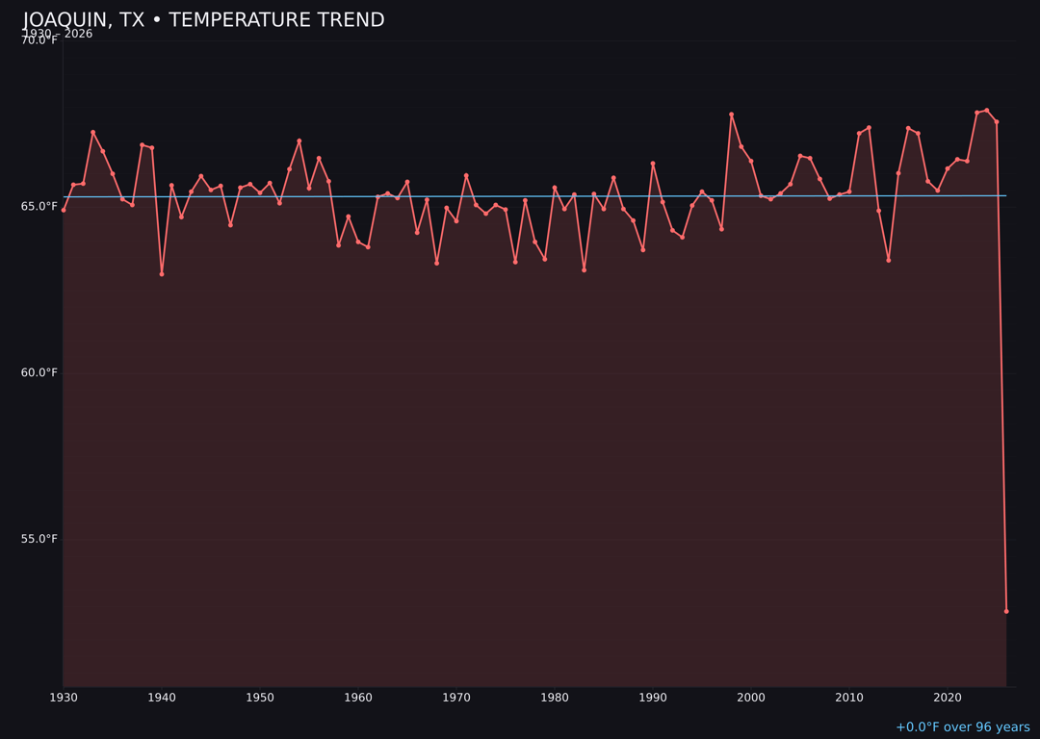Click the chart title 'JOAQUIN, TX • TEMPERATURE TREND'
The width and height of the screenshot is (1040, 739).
[x=203, y=20]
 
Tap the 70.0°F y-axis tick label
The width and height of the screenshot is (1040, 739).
[x=39, y=40]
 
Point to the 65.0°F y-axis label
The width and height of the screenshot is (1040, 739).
[x=39, y=206]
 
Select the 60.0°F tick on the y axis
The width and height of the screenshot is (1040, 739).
[x=39, y=372]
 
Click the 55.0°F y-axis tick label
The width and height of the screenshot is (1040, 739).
[x=39, y=539]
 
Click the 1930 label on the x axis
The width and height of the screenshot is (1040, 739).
[x=64, y=698]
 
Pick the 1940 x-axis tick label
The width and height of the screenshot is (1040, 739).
[x=162, y=698]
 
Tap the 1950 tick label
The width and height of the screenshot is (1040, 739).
[x=260, y=698]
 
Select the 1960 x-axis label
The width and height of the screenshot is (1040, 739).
[x=358, y=698]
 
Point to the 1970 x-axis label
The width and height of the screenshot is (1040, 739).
[x=456, y=698]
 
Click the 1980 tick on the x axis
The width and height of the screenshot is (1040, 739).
[x=555, y=698]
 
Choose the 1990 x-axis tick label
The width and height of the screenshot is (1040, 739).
[x=653, y=698]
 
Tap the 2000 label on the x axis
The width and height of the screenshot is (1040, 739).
[x=751, y=698]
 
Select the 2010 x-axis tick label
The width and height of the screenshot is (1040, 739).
[x=849, y=698]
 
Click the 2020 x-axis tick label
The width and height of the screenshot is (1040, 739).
[x=948, y=698]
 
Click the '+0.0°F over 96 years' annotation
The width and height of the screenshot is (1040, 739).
[x=962, y=727]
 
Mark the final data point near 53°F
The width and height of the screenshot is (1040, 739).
[x=1006, y=611]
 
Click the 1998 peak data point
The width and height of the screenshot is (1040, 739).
[x=731, y=115]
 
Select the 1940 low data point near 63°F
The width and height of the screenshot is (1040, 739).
[x=162, y=274]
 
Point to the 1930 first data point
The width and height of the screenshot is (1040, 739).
[x=64, y=210]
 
